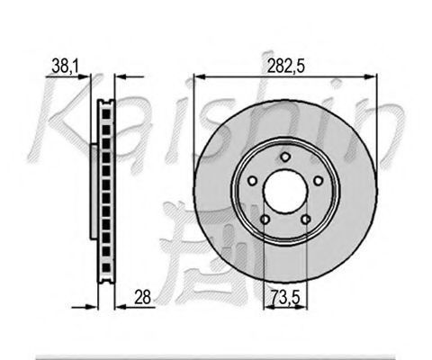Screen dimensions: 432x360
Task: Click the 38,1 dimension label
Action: [x=65, y=67]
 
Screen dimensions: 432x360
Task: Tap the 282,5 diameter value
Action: [x=286, y=67]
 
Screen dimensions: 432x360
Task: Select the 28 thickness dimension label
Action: [x=142, y=297]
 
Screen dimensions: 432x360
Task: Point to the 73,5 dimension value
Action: [x=285, y=297]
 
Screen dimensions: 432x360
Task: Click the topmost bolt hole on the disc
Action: [x=285, y=157]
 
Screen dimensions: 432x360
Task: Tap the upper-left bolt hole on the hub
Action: [x=252, y=181]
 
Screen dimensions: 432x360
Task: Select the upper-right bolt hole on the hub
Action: [x=318, y=181]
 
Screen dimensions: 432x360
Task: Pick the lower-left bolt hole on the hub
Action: [x=265, y=220]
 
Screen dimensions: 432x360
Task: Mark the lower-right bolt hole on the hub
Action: [x=306, y=220]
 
